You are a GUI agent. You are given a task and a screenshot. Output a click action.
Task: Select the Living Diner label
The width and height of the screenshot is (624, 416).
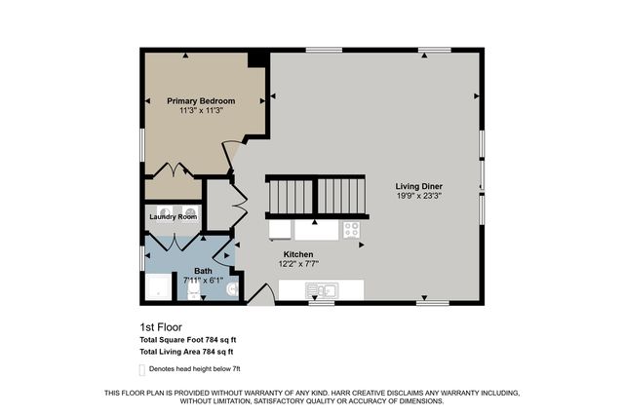pos(421,186)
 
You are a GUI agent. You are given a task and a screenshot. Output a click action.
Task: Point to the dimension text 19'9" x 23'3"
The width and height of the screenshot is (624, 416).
pos(421,197)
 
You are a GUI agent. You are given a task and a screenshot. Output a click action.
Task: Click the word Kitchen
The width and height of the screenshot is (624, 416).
pos(297,253)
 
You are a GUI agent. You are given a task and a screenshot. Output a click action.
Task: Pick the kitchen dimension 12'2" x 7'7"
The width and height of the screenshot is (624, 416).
pos(297,263)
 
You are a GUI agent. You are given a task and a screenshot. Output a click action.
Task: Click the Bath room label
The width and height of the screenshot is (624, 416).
pos(203,271)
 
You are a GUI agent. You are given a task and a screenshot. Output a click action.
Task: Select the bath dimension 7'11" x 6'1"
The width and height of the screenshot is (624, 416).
pos(203,281)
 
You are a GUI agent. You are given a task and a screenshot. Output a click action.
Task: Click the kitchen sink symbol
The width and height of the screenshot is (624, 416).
pos(321,289)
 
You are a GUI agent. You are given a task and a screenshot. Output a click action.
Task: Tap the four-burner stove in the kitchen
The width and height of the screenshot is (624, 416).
pos(351,230)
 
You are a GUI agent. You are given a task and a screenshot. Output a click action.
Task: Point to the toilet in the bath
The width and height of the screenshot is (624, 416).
pos(194,288)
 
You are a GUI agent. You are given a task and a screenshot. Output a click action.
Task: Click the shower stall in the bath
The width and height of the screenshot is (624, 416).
pos(156,287)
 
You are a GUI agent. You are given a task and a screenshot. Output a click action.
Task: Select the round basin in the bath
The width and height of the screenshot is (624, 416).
pos(231,288)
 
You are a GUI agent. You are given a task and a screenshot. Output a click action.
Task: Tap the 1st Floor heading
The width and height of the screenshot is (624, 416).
pos(161,327)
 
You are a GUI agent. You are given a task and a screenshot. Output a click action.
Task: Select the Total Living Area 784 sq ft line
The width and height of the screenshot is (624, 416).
pos(186,351)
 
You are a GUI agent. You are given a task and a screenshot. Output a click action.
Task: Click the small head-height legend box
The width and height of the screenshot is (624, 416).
pos(142,369)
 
